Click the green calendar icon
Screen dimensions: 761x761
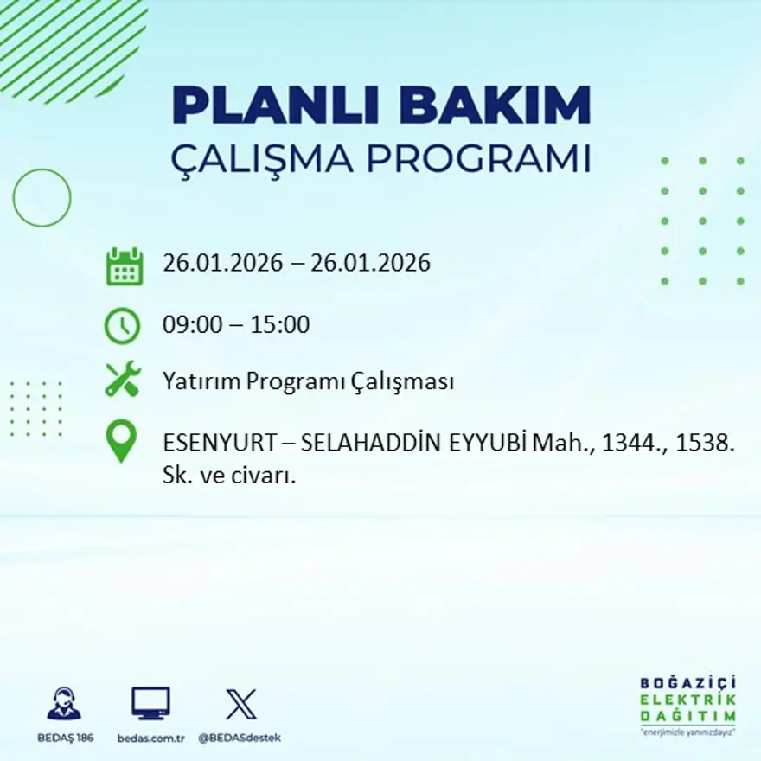[x=124, y=266]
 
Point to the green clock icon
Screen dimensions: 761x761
[x=122, y=326]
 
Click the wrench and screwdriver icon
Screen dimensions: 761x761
[x=123, y=380]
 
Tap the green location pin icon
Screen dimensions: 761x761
[x=121, y=440]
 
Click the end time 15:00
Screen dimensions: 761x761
[x=280, y=325]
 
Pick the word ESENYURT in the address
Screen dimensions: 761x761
[x=219, y=443]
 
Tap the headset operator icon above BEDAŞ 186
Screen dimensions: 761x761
[x=64, y=704]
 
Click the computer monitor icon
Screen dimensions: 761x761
[x=150, y=703]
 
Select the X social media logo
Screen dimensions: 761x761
[x=240, y=703]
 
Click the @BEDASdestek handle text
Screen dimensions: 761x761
[x=240, y=738]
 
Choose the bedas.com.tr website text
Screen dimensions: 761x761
[x=150, y=738]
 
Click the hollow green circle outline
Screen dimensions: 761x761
[x=42, y=198]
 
